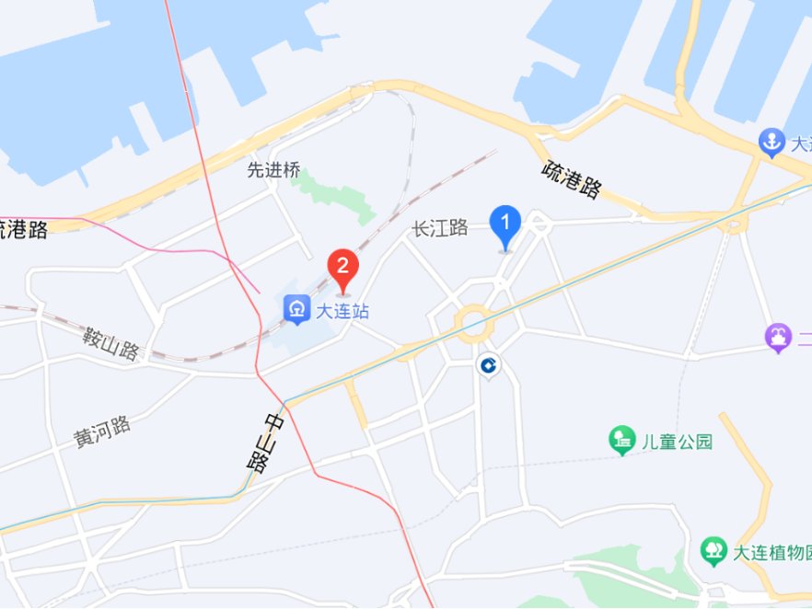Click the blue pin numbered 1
[x=505, y=224]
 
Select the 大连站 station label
[x=342, y=311]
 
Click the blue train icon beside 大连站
[x=296, y=309]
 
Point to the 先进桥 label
[x=274, y=169]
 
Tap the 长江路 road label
[x=440, y=228]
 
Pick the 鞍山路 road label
[x=110, y=343]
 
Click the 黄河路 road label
[x=102, y=431]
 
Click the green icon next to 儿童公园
[x=623, y=441]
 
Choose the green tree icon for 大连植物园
[x=713, y=551]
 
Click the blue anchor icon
[x=771, y=143]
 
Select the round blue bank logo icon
[x=487, y=366]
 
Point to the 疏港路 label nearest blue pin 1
[x=571, y=179]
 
